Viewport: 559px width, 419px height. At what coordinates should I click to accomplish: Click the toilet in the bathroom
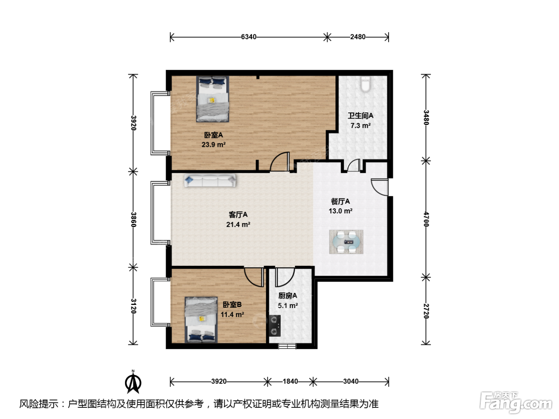[365, 84]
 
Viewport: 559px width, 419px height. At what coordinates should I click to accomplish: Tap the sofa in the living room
[210, 181]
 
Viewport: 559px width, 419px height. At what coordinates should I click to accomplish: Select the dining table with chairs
[346, 242]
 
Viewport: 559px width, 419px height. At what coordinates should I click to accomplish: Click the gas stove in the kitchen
[275, 326]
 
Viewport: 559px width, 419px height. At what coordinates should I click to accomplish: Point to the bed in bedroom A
[212, 99]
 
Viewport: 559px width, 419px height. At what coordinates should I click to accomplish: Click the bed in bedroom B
[201, 320]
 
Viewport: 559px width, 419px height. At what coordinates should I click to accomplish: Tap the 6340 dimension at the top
[249, 37]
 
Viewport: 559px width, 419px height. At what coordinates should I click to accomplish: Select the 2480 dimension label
[358, 37]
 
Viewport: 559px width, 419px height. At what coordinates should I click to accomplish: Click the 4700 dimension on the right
[426, 219]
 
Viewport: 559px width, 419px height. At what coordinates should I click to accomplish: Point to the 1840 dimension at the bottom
[290, 381]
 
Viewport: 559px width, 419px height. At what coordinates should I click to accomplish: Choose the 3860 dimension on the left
[133, 219]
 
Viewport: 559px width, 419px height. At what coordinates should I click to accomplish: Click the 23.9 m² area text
[213, 144]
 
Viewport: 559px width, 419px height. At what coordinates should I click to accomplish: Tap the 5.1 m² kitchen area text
[288, 305]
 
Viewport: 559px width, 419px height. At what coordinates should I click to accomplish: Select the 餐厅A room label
[340, 202]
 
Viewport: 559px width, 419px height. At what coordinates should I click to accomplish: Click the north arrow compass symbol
[133, 382]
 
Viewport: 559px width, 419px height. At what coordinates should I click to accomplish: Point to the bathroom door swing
[354, 165]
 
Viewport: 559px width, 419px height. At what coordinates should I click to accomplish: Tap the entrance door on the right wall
[379, 187]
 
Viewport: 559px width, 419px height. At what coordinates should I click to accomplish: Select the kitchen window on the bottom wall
[287, 346]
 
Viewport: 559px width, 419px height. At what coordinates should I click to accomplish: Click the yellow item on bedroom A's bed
[212, 100]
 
